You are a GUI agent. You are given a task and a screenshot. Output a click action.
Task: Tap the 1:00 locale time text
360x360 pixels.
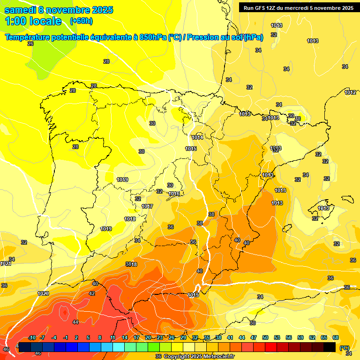33,21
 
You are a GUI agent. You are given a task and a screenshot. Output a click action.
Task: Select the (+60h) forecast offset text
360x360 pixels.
81,21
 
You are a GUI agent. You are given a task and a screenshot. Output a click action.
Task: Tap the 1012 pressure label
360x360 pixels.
350,93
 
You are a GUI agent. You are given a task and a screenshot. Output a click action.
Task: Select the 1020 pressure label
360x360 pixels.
43,293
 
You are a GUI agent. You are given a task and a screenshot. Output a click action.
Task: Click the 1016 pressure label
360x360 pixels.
174,194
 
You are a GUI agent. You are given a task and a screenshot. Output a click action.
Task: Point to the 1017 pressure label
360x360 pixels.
147,207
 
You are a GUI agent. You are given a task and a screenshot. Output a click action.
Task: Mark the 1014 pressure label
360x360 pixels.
197,137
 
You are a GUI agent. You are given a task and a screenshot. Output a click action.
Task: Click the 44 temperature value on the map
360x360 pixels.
75,322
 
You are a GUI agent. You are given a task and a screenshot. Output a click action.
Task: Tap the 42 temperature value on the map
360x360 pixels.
92,294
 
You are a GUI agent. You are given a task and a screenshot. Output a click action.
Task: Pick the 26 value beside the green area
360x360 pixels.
30,44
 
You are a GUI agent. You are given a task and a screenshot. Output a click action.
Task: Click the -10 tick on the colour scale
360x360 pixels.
32,337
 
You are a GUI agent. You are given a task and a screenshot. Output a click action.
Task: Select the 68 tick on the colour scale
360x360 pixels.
336,337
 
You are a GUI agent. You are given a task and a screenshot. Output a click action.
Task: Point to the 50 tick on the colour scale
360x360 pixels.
265,337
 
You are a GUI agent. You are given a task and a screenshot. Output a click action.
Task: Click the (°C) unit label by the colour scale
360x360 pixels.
345,348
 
